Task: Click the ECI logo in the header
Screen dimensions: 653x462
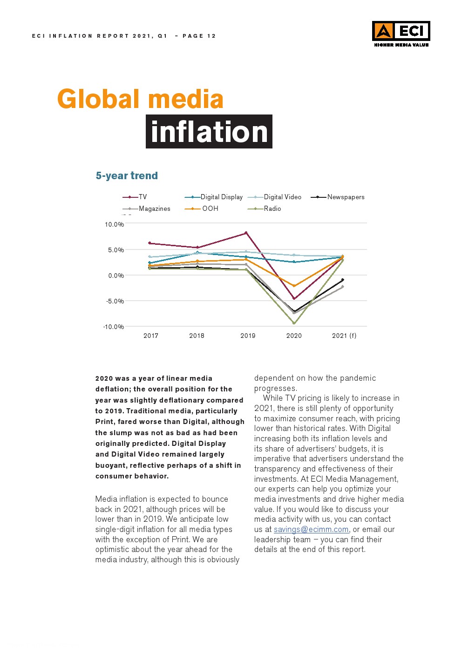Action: pos(401,33)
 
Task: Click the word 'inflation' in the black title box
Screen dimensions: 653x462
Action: pos(209,132)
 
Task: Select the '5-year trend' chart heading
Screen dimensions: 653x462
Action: pos(127,175)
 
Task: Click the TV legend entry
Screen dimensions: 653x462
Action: pos(135,197)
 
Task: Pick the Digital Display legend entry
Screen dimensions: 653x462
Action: pos(214,197)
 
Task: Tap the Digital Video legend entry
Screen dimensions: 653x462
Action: pos(275,197)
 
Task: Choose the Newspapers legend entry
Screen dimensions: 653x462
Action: pos(338,197)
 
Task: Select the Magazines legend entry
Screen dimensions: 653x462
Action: pos(147,209)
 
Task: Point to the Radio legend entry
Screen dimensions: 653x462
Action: pos(265,209)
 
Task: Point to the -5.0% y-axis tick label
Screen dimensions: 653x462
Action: pos(115,301)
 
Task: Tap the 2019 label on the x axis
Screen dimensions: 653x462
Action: pos(248,336)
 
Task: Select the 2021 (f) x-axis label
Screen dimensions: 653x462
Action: pos(344,336)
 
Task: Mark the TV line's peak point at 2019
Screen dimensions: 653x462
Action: pos(246,233)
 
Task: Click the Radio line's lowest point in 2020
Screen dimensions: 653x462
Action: pos(294,323)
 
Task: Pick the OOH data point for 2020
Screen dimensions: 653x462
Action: pos(294,286)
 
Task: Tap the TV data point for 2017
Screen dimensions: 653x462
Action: pos(149,243)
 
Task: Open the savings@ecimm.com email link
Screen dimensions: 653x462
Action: pos(311,529)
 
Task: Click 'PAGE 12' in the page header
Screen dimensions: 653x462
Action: pos(199,36)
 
